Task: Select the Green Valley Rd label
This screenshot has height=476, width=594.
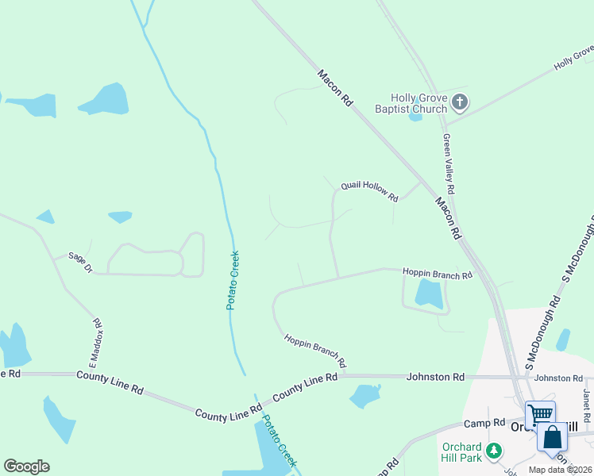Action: coord(448,164)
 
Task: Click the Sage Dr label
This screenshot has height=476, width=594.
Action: coord(80,263)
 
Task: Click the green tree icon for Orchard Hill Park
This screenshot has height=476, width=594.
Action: coord(494,451)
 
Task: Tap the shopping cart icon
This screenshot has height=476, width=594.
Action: coord(540,413)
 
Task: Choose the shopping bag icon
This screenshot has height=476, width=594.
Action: coord(551,436)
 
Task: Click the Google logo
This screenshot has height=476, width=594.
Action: coord(26,466)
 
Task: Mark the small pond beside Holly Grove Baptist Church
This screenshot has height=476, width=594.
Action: coord(415,117)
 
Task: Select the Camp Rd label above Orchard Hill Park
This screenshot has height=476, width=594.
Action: coord(485,423)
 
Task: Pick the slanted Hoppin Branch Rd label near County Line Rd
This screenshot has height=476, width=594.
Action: coord(315,350)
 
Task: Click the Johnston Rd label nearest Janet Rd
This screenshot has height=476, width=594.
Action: coord(553,378)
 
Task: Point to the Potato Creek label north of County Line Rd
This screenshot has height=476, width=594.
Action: coord(233,280)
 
